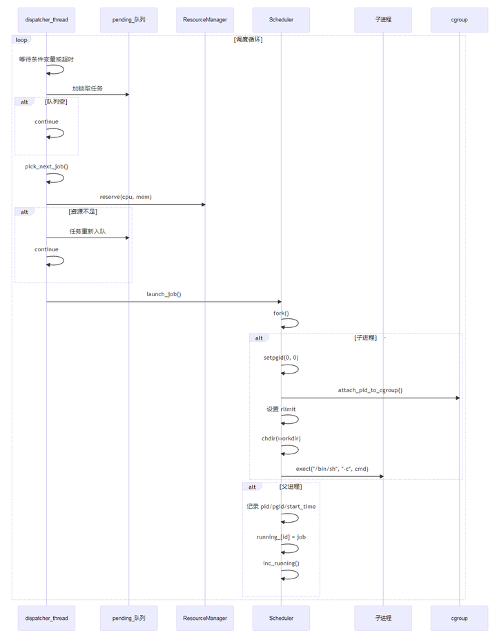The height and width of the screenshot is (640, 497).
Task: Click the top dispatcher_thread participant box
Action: point(46,20)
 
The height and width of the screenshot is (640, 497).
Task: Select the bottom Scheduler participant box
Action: point(281,618)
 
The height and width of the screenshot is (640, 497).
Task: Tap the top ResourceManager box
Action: point(205,20)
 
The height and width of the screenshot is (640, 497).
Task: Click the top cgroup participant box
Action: point(459,20)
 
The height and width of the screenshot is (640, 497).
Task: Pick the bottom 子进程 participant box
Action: point(383,618)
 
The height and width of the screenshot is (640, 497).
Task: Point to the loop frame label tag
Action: point(21,40)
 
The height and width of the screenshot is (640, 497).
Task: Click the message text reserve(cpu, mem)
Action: point(126,197)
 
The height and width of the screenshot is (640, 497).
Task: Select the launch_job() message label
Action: point(164,294)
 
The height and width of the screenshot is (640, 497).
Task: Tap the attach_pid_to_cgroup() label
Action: point(370,390)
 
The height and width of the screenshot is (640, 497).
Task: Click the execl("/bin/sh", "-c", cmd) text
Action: point(332,469)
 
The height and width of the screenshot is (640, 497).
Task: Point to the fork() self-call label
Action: point(281,313)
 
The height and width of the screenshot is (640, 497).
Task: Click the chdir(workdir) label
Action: point(281,438)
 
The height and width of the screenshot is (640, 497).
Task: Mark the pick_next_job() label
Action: point(46,166)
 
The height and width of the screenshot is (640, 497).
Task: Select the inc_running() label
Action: point(281,563)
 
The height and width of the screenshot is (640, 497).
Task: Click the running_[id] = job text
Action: point(281,536)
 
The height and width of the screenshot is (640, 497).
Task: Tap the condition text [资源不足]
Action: point(83,211)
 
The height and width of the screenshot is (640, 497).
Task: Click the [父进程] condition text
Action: point(291,486)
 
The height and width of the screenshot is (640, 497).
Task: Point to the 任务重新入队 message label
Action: point(88,231)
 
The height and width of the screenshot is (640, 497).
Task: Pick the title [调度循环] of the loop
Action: point(248,39)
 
